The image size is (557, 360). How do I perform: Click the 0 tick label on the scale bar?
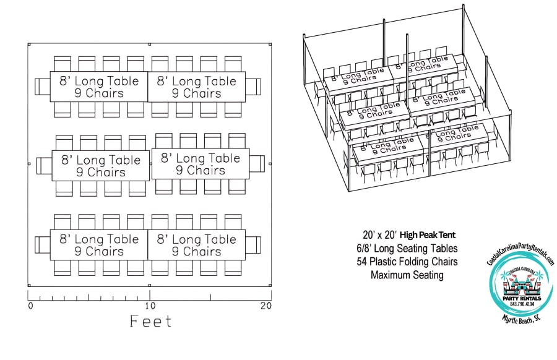coord(30,306)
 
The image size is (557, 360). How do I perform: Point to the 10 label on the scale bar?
coord(149,306)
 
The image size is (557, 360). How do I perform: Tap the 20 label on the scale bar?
coord(266,306)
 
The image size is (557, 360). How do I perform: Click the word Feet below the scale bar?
coord(151,321)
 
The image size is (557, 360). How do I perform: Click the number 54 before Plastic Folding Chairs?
coord(362,262)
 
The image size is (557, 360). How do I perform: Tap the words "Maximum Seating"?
coord(407,275)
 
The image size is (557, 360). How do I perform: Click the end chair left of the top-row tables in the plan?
coord(42,87)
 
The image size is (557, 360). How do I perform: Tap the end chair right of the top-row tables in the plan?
coord(254,87)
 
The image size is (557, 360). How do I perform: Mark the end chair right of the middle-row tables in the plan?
coord(257,164)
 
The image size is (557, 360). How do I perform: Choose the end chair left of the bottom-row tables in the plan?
coord(42,244)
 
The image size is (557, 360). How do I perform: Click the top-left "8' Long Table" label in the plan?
coord(99,81)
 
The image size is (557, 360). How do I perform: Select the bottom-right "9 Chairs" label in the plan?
coord(196,252)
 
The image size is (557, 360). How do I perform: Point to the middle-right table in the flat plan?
coord(201,164)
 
